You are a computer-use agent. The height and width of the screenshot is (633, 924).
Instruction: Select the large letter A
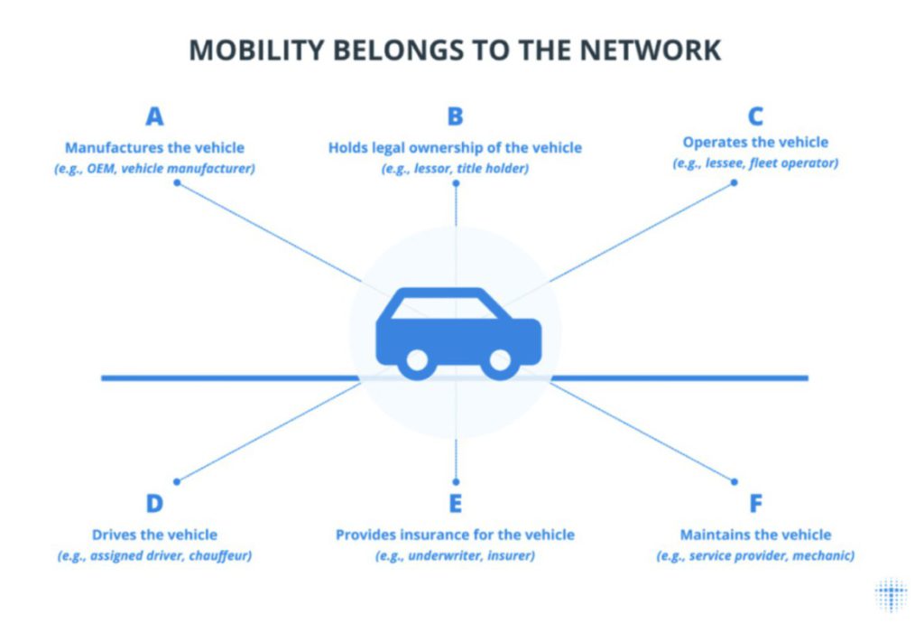coord(154,117)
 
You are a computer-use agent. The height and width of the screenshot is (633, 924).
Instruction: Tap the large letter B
coord(455,117)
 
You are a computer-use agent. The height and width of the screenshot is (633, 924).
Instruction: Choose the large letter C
coord(755,117)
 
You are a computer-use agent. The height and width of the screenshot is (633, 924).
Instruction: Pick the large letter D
coord(154,504)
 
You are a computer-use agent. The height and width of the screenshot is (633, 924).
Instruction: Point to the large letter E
coord(455,504)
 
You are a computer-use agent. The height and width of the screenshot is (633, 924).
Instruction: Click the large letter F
coord(755,504)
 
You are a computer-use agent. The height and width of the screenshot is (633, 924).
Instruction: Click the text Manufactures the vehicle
coord(154,147)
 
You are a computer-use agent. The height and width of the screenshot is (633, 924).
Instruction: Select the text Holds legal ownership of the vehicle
coord(455,147)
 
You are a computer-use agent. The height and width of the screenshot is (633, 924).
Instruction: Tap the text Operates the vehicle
coord(755,143)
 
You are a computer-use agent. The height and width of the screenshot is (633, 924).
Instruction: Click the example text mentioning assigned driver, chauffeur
coord(154,555)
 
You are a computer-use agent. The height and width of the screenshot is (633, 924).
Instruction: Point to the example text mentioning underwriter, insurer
coord(455,555)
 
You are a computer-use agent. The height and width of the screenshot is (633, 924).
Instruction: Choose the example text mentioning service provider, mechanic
coord(755,555)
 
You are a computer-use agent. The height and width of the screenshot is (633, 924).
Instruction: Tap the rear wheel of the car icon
coord(417,360)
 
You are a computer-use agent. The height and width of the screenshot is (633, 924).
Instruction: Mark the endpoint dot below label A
coord(177,182)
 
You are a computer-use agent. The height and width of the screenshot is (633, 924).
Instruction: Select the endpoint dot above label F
coord(734,481)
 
